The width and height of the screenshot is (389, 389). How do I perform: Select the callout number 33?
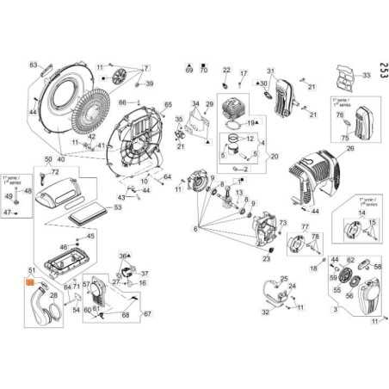(366, 77)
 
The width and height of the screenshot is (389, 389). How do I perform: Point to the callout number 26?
(350, 148)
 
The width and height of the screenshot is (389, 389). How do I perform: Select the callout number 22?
(227, 70)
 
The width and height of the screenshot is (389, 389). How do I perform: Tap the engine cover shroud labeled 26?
(318, 176)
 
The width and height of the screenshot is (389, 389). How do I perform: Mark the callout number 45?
(92, 235)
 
